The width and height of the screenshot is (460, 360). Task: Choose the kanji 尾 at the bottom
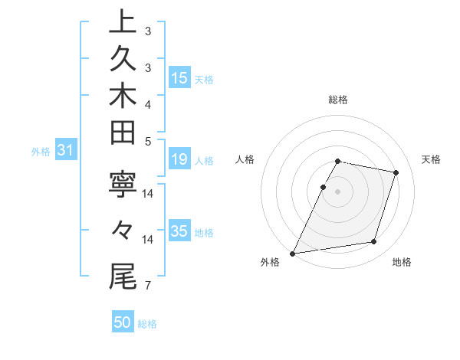coord(123,277)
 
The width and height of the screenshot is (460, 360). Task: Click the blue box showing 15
coord(179,77)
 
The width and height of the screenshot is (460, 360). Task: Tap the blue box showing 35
coord(179,231)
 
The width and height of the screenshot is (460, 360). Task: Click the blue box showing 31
coord(65,151)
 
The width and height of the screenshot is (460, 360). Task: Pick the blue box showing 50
coord(123,322)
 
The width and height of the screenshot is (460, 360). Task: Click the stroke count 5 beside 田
coord(148,141)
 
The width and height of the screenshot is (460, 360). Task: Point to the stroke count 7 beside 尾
coord(148,286)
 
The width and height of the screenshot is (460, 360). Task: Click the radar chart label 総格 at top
coord(338,100)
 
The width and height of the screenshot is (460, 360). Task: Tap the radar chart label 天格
coord(431,159)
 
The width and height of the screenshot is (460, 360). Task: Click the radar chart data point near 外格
coord(293,253)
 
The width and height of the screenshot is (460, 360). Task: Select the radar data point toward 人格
coord(323,187)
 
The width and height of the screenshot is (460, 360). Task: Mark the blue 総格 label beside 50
coord(147,323)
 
